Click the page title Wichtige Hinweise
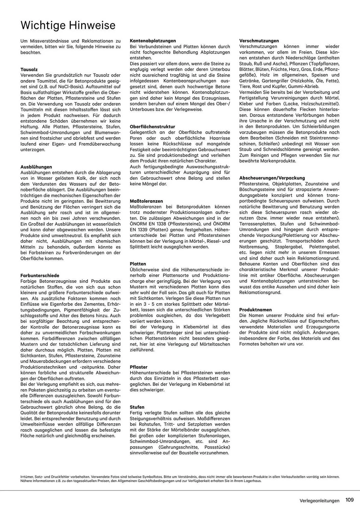pos(68,26)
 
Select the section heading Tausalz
pos(29,69)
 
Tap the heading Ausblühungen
pos(36,167)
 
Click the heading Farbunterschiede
pos(40,275)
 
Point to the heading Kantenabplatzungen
pos(153,41)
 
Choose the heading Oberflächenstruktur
pos(152,126)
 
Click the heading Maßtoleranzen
pos(146,201)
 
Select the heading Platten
pos(138,264)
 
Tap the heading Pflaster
pos(139,367)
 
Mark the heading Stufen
pos(137,407)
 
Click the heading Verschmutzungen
pos(259,41)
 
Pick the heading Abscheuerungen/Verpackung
pos(272,178)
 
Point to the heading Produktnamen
pos(255,309)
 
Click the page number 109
pos(350,500)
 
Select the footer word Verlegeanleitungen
pos(320,501)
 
